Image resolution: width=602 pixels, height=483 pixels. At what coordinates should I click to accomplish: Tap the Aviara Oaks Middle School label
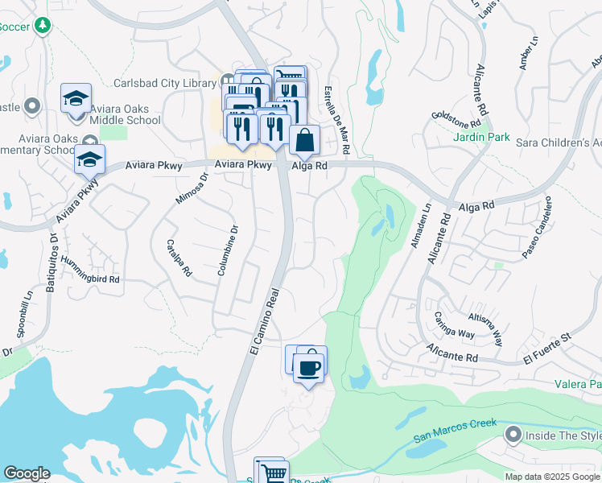pyautogui.click(x=126, y=114)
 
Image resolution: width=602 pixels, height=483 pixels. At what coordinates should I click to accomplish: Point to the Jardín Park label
pyautogui.click(x=480, y=138)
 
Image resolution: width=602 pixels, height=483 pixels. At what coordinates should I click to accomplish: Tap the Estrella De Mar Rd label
pyautogui.click(x=336, y=121)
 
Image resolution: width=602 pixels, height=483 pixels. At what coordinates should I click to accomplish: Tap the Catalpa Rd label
pyautogui.click(x=178, y=258)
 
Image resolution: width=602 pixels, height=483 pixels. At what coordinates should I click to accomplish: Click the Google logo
pyautogui.click(x=27, y=473)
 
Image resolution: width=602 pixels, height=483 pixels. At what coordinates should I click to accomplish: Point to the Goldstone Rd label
pyautogui.click(x=455, y=119)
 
